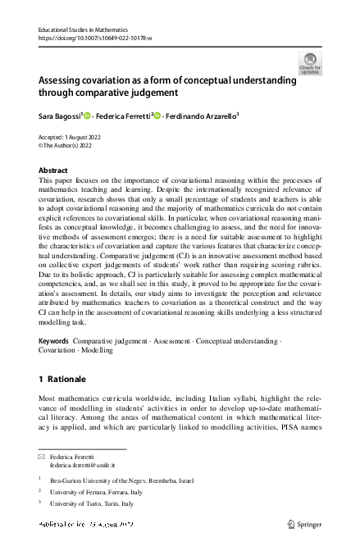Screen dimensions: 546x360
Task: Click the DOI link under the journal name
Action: click(94, 38)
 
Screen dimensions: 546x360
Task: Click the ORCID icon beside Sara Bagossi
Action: click(88, 116)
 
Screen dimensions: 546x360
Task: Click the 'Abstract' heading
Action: click(53, 171)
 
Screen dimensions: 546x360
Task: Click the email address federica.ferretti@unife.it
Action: click(84, 464)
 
